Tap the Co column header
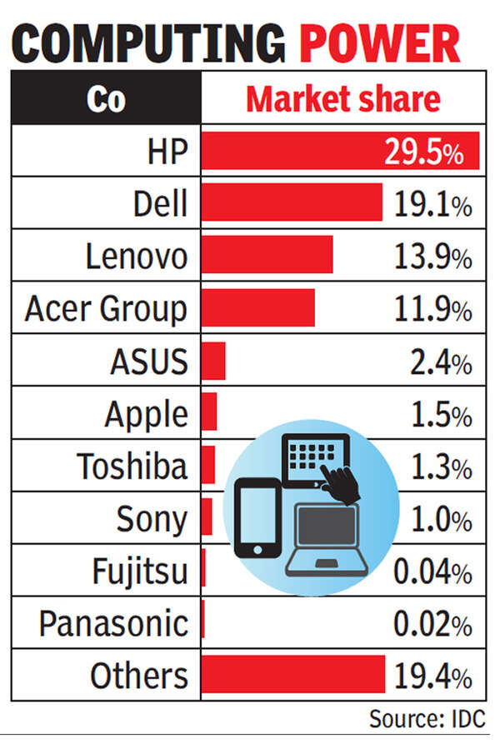click(x=105, y=99)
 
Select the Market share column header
click(x=342, y=99)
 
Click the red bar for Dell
click(x=292, y=202)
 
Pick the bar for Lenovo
click(x=267, y=254)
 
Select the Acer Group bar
click(x=257, y=307)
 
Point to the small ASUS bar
click(x=213, y=361)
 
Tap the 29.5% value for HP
click(x=422, y=152)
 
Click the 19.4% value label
click(x=432, y=675)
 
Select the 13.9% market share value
click(x=432, y=257)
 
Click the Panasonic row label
click(x=113, y=622)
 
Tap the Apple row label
click(x=146, y=413)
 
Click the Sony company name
click(x=152, y=518)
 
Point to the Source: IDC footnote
click(x=426, y=718)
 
